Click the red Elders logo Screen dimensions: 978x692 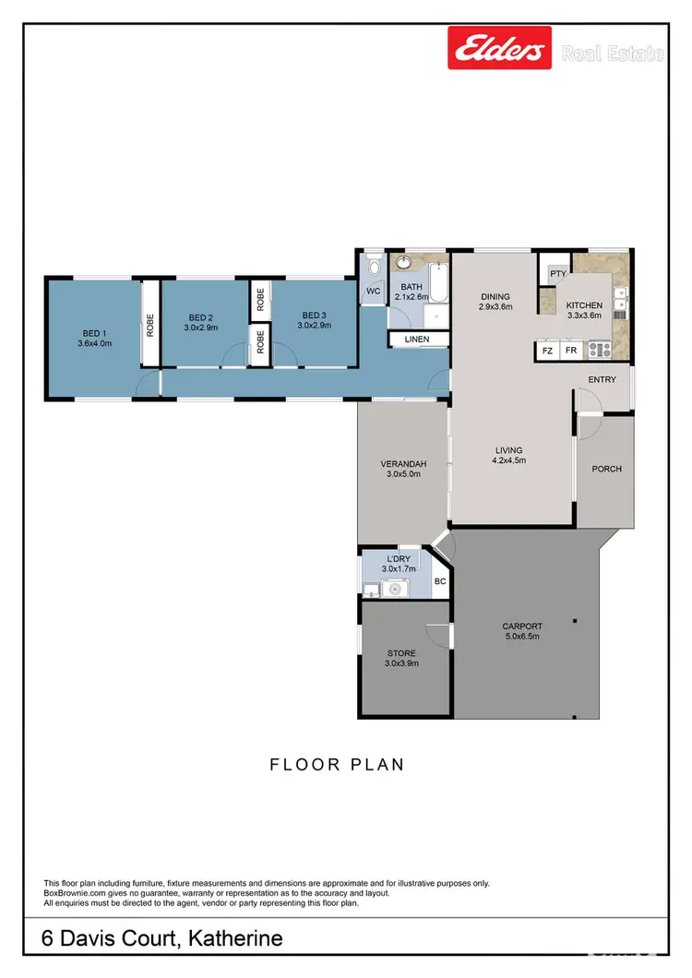point(499,48)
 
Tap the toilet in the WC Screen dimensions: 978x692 point(373,268)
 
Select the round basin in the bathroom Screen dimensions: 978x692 point(404,263)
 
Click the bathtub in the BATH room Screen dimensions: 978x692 point(437,281)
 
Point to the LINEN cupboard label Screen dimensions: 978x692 point(417,340)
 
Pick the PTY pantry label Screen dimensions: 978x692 point(557,274)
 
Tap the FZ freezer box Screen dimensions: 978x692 point(547,351)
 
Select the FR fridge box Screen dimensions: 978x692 point(571,351)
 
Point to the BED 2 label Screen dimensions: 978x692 point(199,316)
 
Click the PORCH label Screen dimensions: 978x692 point(606,469)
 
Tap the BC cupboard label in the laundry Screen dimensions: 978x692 point(440,581)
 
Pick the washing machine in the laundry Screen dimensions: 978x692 point(370,590)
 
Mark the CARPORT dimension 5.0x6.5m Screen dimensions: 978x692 point(522,638)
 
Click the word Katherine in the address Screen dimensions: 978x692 point(235,939)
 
